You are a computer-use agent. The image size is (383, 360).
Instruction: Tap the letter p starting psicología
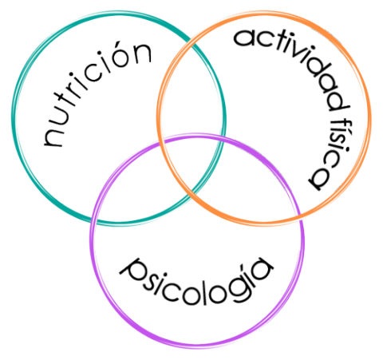[x=132, y=271]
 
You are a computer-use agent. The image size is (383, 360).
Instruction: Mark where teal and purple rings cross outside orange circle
[x=93, y=221]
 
